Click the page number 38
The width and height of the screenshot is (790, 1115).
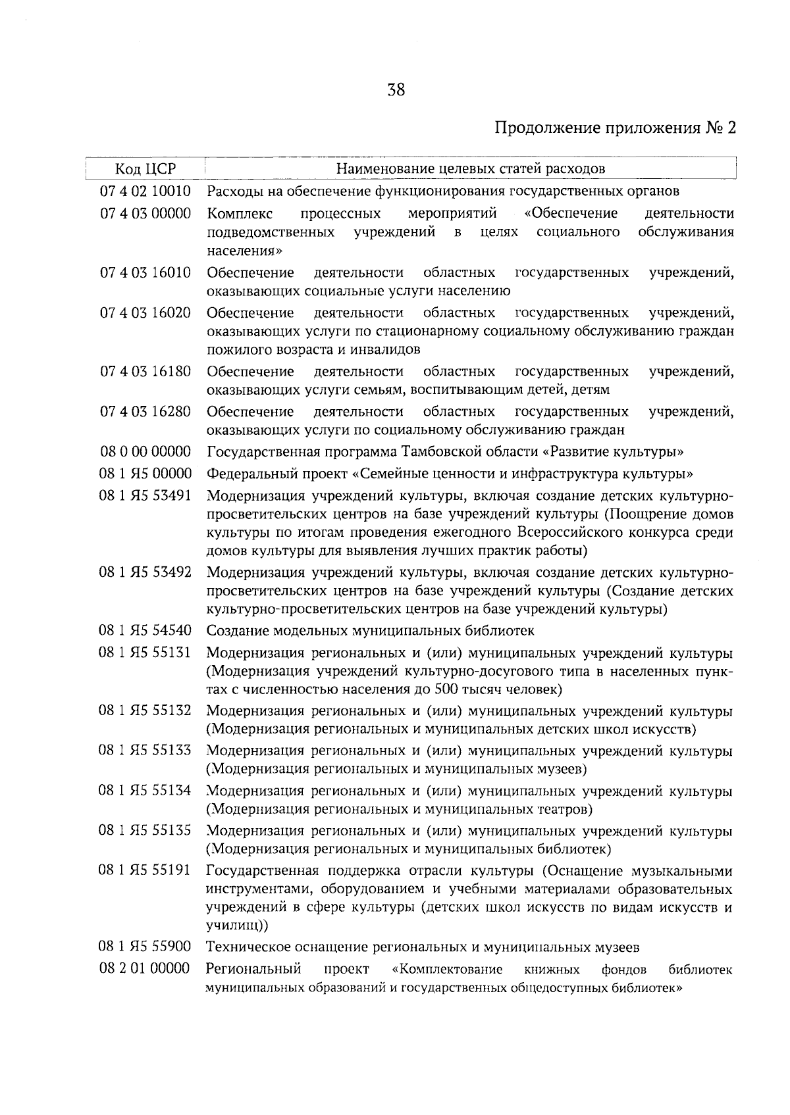[396, 90]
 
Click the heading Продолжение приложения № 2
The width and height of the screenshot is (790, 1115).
[614, 128]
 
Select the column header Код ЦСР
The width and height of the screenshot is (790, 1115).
[145, 169]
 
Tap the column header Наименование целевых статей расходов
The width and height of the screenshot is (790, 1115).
[470, 169]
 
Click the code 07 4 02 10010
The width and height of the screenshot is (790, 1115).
[145, 191]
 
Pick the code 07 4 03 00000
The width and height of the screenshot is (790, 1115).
[145, 213]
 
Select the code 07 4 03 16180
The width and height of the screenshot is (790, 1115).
[145, 372]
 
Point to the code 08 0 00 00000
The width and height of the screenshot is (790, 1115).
[145, 452]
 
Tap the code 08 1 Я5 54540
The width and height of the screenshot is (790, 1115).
[145, 631]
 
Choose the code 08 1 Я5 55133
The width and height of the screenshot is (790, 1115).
[145, 751]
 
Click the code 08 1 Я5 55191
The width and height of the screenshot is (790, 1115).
[145, 870]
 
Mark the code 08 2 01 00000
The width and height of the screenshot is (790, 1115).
[145, 969]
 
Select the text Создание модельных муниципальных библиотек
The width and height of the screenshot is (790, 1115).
[371, 631]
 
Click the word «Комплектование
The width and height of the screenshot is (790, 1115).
[446, 970]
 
